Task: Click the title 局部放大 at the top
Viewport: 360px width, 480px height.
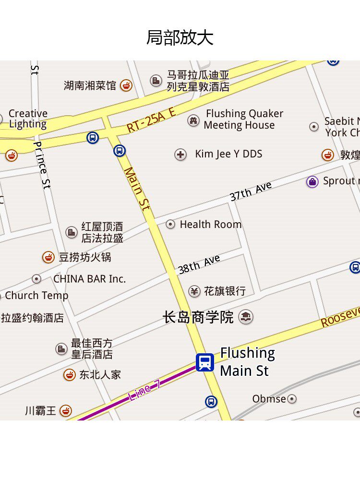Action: pos(180,37)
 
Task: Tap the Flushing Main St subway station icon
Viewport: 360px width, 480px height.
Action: pos(205,362)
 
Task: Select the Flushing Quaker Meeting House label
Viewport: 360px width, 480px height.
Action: pos(244,120)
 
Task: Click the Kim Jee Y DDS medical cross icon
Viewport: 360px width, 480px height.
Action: pos(180,155)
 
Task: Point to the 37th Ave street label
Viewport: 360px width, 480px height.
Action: pos(251,191)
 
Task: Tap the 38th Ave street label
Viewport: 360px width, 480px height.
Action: pos(199,264)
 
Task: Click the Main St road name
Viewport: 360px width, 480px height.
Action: pos(137,188)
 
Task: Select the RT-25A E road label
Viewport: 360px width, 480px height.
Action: pos(151,120)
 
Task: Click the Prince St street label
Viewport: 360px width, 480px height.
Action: pos(42,165)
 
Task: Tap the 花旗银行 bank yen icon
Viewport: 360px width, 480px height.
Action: pos(194,291)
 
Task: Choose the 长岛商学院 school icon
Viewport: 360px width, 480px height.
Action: pos(246,317)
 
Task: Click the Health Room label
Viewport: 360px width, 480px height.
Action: pos(210,224)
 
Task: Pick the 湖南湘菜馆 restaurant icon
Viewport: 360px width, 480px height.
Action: pos(126,85)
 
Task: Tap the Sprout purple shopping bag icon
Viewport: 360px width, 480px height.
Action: pos(312,181)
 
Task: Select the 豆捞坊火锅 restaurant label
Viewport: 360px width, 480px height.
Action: pos(85,257)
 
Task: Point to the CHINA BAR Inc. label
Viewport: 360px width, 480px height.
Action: pos(89,279)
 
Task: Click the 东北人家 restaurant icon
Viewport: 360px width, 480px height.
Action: pos(70,375)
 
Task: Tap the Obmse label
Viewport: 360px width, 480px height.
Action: pos(269,399)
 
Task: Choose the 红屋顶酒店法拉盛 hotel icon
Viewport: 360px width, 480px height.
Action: pos(72,233)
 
